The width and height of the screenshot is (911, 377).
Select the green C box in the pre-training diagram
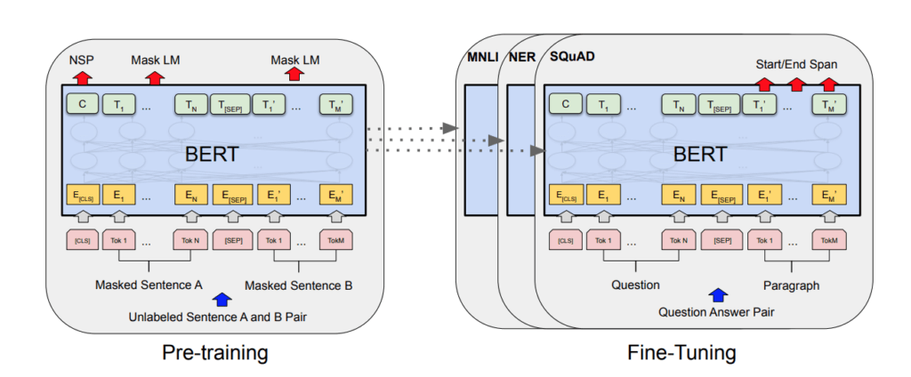pyautogui.click(x=81, y=104)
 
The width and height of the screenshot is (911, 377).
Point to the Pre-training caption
pyautogui.click(x=214, y=352)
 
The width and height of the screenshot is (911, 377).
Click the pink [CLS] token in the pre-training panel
pyautogui.click(x=81, y=241)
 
